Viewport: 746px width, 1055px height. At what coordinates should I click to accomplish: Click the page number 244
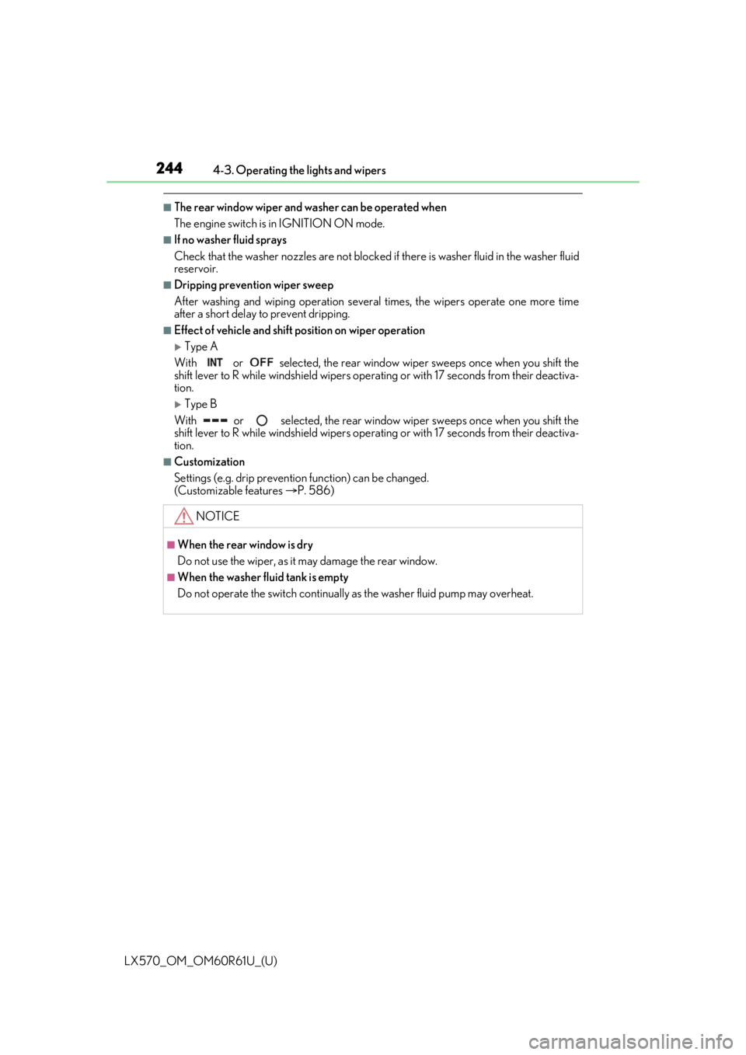169,168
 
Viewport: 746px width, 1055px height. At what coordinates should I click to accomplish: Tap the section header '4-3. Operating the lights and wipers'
299,170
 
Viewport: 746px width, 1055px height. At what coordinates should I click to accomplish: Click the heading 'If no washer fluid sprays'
230,240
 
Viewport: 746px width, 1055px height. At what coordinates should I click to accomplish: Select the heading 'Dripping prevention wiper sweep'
254,285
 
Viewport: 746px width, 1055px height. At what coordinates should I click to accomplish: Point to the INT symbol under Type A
214,363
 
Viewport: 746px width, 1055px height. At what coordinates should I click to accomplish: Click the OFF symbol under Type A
261,362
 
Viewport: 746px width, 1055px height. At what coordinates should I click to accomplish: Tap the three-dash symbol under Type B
216,420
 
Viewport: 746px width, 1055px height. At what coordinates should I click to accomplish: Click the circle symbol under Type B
263,420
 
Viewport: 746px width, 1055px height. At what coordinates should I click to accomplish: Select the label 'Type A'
201,347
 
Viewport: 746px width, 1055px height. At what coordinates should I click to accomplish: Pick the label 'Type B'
200,405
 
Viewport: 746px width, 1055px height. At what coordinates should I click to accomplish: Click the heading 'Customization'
210,462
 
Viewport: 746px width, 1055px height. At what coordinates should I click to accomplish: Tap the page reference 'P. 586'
314,491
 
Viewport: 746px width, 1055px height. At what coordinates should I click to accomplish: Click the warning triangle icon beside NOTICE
183,516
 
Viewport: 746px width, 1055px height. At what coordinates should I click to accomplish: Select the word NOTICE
218,516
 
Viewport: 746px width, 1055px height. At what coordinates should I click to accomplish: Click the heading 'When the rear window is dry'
246,545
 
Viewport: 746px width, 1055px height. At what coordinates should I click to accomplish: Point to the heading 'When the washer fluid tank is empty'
263,577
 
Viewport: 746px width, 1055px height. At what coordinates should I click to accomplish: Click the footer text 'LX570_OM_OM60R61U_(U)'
201,961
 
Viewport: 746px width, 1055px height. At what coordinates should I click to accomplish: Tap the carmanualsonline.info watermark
636,1040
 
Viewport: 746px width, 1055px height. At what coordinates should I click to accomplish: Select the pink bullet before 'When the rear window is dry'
170,545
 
